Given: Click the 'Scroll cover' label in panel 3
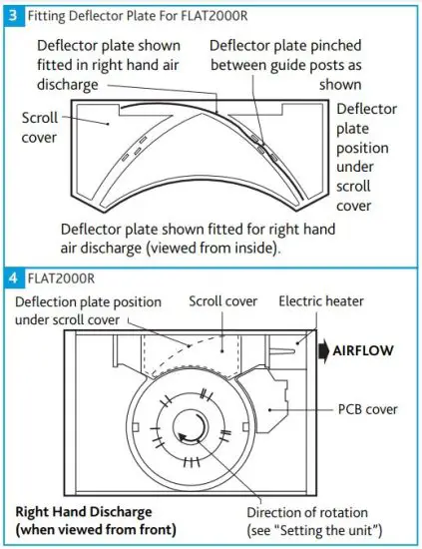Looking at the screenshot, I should click(39, 128).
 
